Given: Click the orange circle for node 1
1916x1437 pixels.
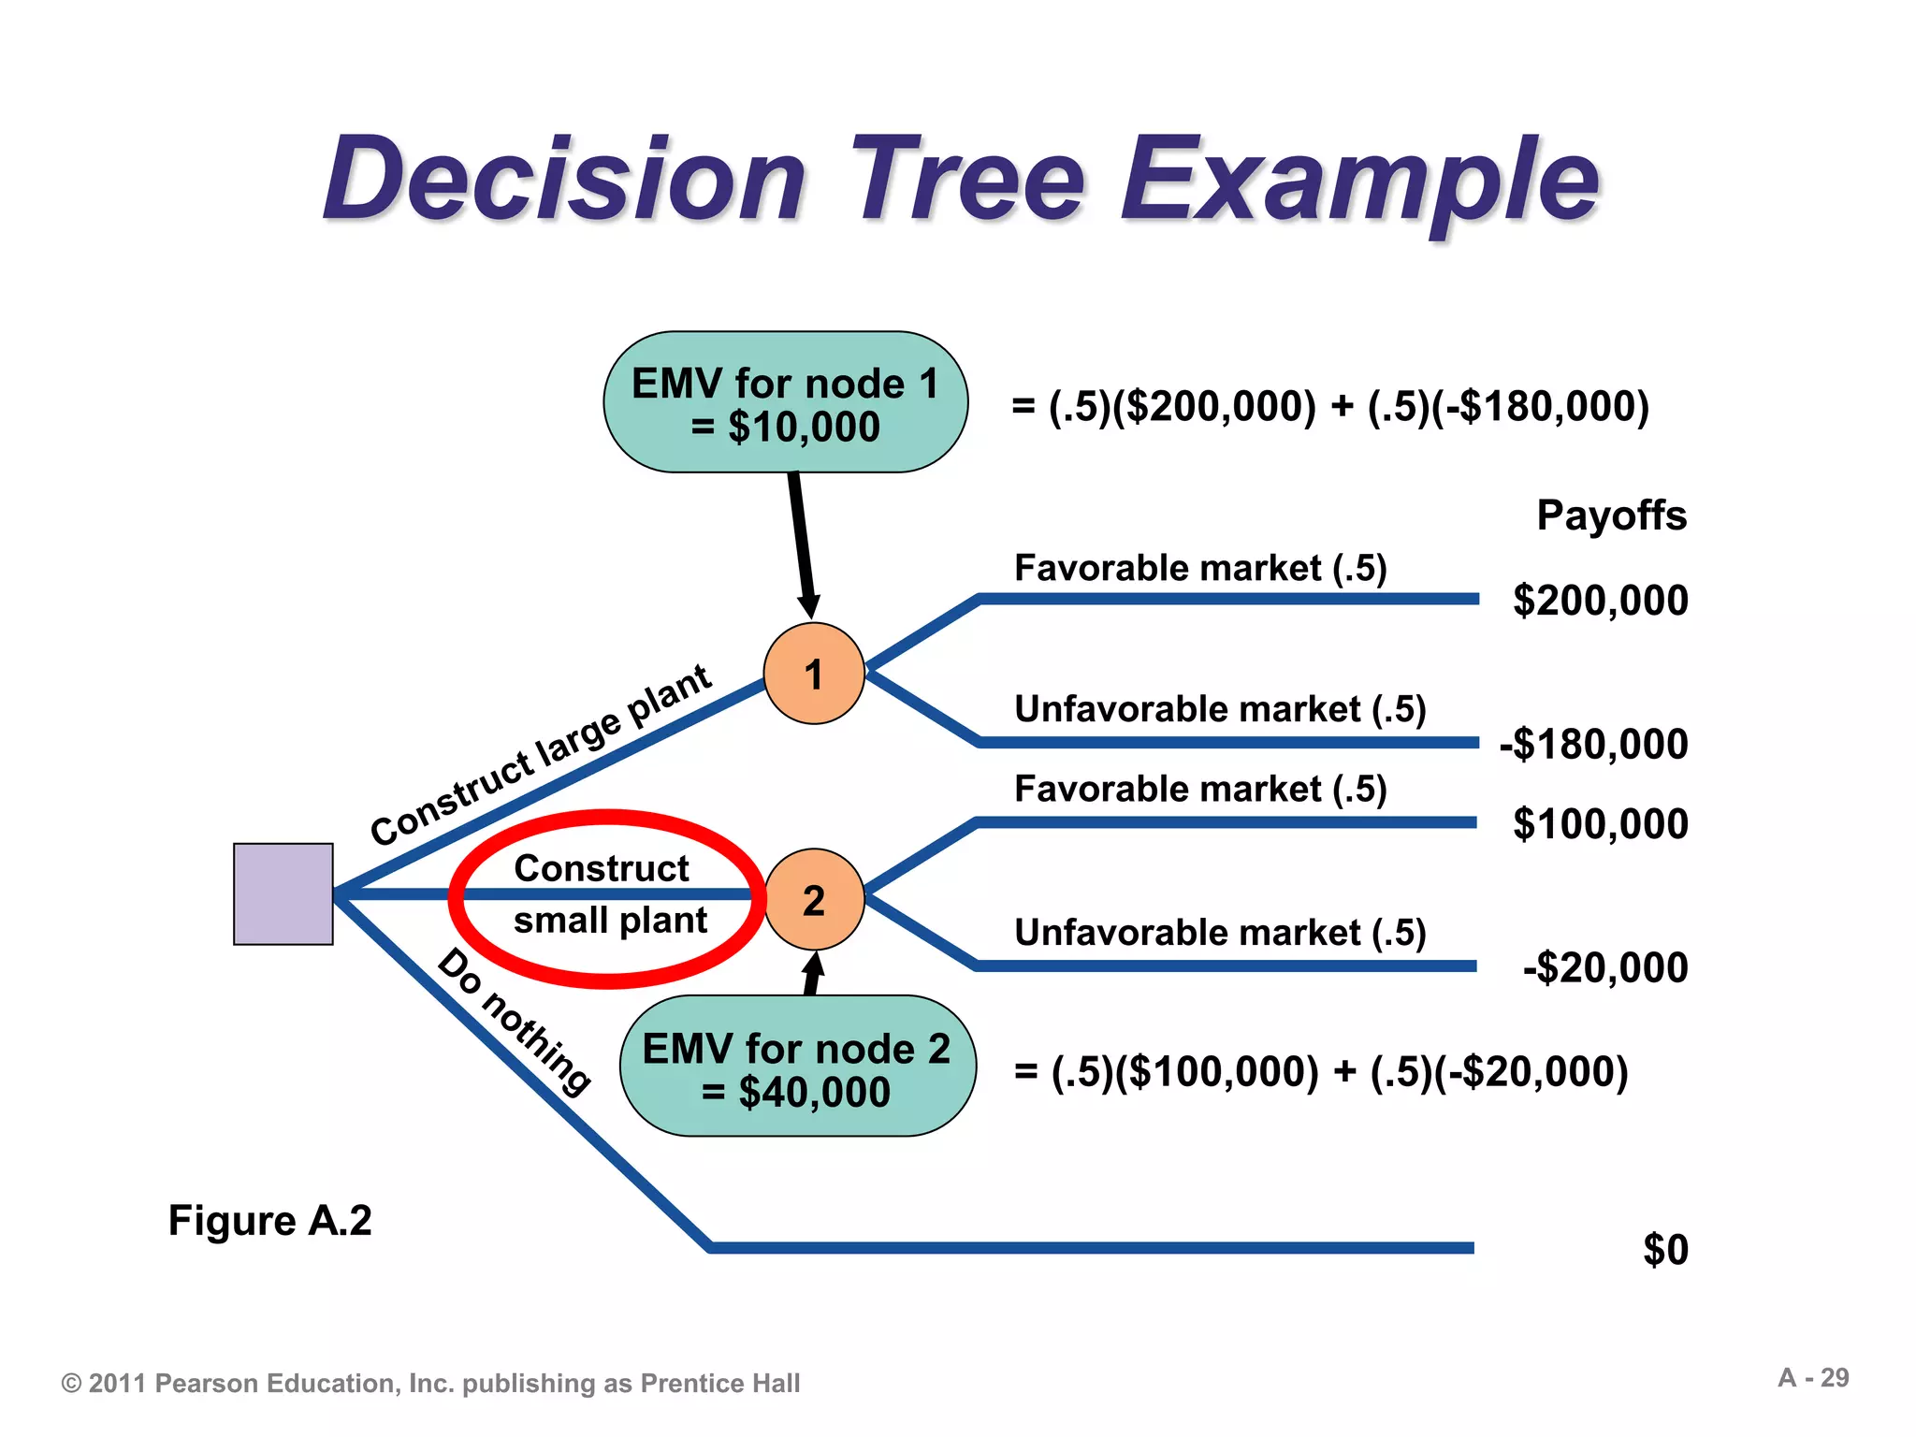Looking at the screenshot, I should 814,674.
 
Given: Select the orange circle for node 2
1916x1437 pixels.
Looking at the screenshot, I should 814,900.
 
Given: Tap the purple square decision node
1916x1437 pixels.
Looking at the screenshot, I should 283,894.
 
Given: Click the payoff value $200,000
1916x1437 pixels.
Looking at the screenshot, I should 1600,601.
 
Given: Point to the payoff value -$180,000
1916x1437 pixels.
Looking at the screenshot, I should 1593,745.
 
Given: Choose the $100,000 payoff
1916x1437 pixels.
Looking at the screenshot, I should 1600,824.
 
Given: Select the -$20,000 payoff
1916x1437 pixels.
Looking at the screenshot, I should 1605,968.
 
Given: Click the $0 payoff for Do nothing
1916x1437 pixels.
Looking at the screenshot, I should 1665,1250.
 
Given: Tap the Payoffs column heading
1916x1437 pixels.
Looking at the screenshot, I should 1611,515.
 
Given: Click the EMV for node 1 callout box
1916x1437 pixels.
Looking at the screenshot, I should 785,403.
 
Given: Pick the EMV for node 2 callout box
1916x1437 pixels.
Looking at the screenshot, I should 797,1067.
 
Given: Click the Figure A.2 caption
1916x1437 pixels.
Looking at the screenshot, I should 269,1221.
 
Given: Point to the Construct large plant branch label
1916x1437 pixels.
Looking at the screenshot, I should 540,755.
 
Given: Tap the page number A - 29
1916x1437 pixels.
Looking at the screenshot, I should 1813,1378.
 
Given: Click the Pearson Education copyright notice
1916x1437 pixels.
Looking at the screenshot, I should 430,1384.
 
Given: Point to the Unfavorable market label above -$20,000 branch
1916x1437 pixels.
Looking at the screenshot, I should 1220,933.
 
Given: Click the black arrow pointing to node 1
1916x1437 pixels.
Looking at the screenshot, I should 803,543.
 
